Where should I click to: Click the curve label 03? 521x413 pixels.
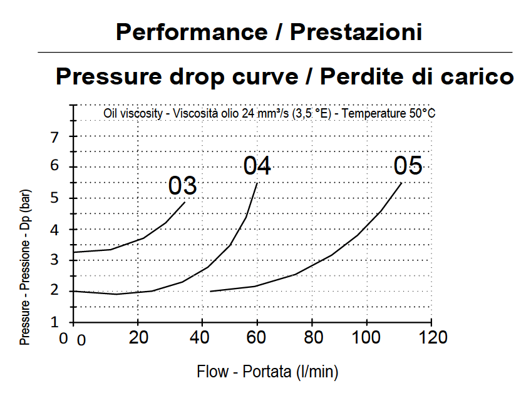[183, 186]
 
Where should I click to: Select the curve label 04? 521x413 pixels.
[257, 166]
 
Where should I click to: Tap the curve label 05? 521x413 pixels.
[408, 166]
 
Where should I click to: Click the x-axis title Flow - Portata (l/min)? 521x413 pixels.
[267, 372]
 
